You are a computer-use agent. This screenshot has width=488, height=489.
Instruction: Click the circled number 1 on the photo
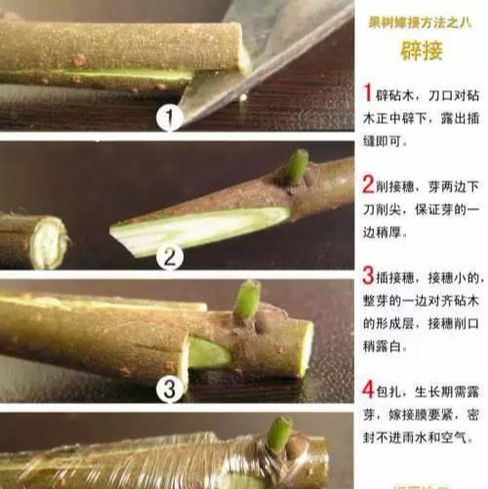click(169, 120)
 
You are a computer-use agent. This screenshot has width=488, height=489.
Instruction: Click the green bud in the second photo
click(296, 167)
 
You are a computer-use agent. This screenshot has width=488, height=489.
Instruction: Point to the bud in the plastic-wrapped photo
click(279, 432)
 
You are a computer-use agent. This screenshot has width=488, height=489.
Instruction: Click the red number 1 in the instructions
click(367, 94)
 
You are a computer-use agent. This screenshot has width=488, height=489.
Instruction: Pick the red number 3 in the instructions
click(368, 275)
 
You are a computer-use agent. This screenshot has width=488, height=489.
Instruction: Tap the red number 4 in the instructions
click(368, 389)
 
